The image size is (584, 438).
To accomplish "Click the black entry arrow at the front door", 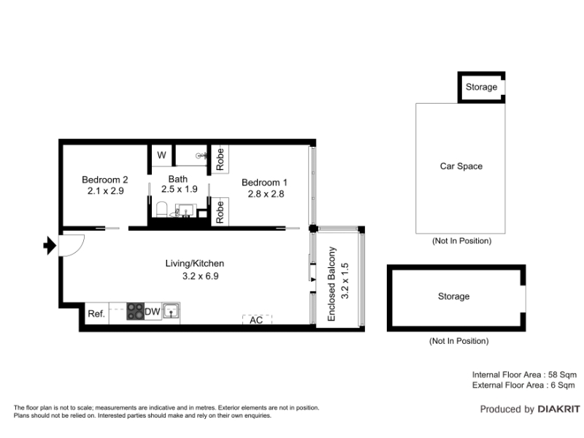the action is tap(50, 245).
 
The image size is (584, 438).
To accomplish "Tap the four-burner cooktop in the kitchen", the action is tap(135, 311).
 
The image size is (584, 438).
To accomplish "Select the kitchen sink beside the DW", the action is tap(171, 311).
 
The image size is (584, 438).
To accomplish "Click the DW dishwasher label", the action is tap(153, 312).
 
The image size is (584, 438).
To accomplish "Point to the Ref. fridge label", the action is tap(96, 314).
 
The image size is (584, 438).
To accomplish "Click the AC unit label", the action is tap(256, 320).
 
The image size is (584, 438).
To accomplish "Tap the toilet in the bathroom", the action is tap(161, 210).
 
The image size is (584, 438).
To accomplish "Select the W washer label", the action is tap(161, 155).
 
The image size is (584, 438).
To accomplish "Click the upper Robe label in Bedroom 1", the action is tap(220, 159).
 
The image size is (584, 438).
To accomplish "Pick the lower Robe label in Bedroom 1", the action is tap(220, 212).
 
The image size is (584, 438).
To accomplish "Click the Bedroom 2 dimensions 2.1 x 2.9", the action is tap(105, 191).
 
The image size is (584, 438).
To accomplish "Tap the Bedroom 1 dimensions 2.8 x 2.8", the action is tap(266, 194).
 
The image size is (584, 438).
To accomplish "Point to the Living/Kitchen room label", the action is tap(195, 264).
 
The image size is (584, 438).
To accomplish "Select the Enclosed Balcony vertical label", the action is tap(331, 284).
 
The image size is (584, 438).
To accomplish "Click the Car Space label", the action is tap(461, 166).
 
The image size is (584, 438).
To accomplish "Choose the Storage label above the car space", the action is tap(481, 87).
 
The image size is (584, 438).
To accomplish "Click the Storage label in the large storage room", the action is tap(453, 296).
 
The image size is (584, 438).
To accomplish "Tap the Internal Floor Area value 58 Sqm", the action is tap(562, 374).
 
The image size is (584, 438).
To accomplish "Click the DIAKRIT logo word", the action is tap(558, 410).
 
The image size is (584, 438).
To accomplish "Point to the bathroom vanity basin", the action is tap(185, 210).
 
